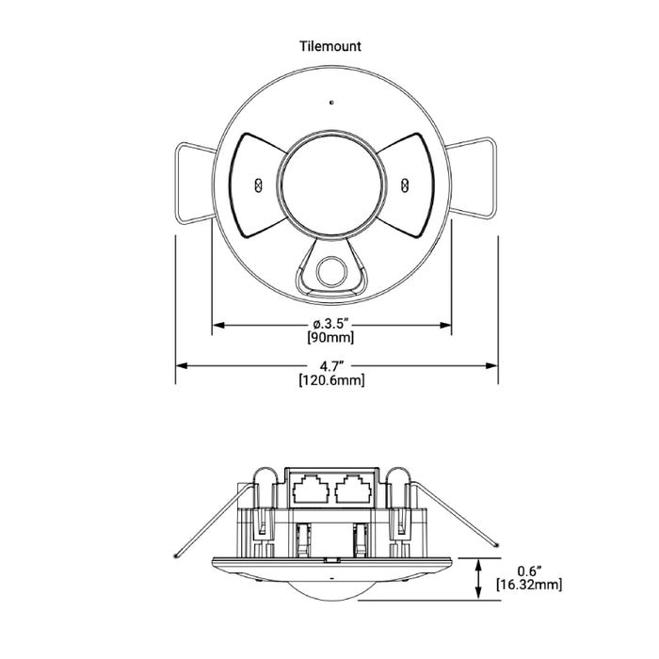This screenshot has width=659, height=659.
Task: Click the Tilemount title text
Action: pyautogui.click(x=330, y=45)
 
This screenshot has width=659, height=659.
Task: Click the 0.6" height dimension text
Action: pyautogui.click(x=530, y=571)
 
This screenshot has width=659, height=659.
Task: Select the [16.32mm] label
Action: pyautogui.click(x=530, y=585)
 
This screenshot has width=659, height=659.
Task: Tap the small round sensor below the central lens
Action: pyautogui.click(x=330, y=271)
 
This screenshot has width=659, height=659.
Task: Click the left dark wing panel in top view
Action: pyautogui.click(x=256, y=184)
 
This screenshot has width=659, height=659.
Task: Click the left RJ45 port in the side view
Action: pyautogui.click(x=309, y=489)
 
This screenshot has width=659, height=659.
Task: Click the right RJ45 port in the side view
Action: pyautogui.click(x=353, y=489)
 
